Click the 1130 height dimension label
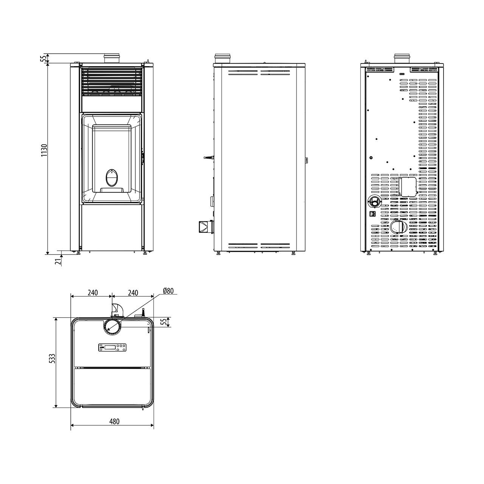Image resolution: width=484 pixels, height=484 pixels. pos(44,150)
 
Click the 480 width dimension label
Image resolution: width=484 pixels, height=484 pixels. pos(114,421)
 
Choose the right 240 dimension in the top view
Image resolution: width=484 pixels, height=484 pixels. pos(133,293)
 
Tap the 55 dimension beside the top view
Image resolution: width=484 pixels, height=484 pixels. pos(164,322)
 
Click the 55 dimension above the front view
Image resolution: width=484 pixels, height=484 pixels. pos(44,59)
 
